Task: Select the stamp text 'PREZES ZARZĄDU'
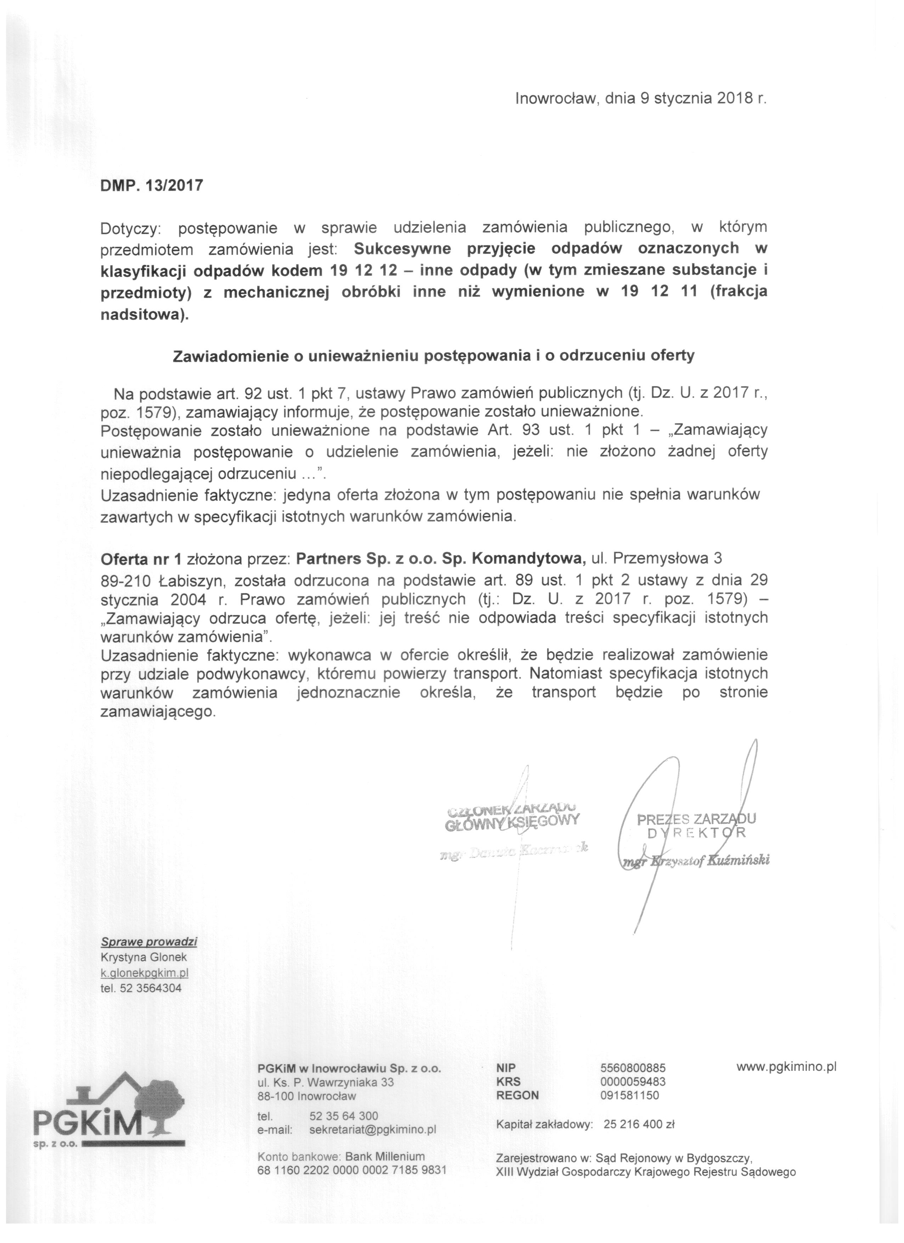[x=696, y=819]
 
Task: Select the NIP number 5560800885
[x=633, y=1068]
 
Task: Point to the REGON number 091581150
[x=630, y=1096]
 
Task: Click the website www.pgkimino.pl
[x=786, y=1067]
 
